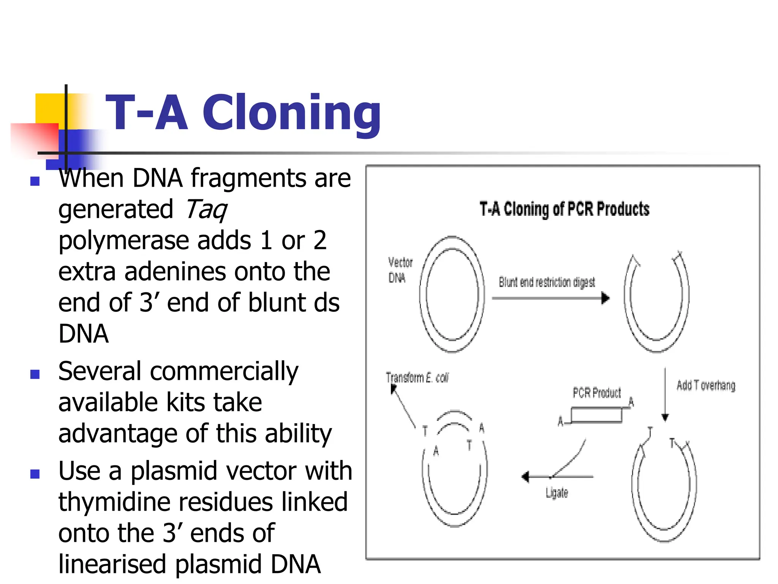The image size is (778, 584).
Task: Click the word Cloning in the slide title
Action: pos(291,113)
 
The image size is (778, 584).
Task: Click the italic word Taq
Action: pos(206,209)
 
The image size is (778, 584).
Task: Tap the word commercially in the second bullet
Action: pos(224,371)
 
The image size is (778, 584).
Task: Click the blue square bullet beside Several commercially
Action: pos(35,375)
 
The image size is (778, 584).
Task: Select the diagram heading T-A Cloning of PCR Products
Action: pos(564,209)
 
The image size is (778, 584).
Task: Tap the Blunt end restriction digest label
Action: pos(547,282)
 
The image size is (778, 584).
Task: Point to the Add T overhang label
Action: pos(705,386)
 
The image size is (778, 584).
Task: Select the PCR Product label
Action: pos(596,393)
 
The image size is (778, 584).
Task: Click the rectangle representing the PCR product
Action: pos(596,415)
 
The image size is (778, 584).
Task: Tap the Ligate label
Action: pos(557,493)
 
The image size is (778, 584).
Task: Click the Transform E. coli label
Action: pos(417,378)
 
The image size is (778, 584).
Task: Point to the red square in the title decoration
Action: pos(34,139)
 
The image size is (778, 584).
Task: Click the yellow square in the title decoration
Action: pos(49,108)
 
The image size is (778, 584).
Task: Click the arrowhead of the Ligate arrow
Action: pos(526,476)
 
